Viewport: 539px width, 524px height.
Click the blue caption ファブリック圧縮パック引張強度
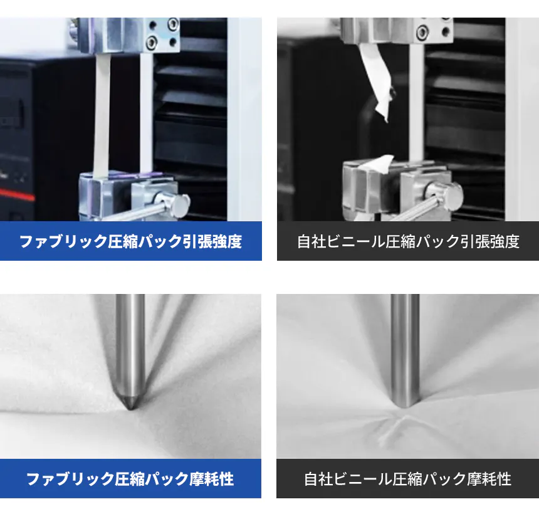pos(130,241)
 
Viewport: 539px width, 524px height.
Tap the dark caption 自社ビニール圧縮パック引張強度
pos(408,241)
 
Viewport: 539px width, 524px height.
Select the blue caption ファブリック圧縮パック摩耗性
pos(130,479)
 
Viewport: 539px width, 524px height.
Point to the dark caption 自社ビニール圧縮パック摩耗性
pos(407,479)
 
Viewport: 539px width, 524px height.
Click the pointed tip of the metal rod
pos(130,409)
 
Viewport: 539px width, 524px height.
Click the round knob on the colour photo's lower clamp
pos(175,203)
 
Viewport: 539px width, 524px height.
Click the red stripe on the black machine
pos(17,194)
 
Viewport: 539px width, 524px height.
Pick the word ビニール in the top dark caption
pos(355,241)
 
